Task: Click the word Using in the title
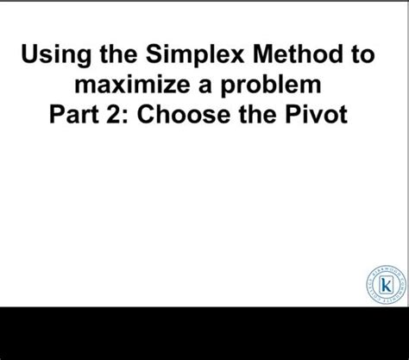[x=53, y=55]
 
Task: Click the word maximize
[x=129, y=85]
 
